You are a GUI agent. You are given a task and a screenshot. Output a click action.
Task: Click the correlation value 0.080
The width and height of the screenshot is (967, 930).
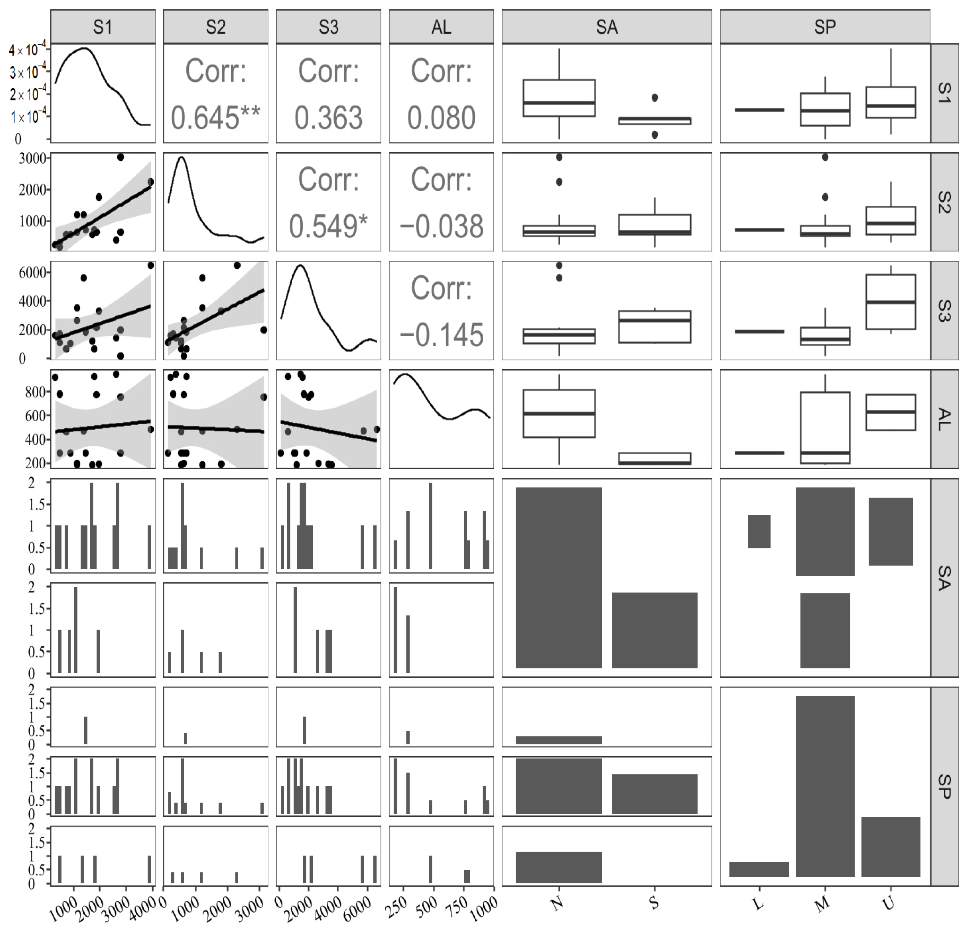tap(441, 118)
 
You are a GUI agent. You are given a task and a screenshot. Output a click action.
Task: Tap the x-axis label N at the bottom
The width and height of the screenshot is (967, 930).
tap(557, 903)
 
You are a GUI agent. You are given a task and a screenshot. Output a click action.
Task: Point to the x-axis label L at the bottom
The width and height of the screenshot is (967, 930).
tap(759, 903)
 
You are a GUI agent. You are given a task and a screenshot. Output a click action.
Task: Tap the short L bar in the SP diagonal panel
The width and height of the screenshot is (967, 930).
tap(759, 869)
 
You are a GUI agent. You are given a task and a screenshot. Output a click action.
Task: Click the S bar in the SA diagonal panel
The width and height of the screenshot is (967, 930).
tap(654, 630)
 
